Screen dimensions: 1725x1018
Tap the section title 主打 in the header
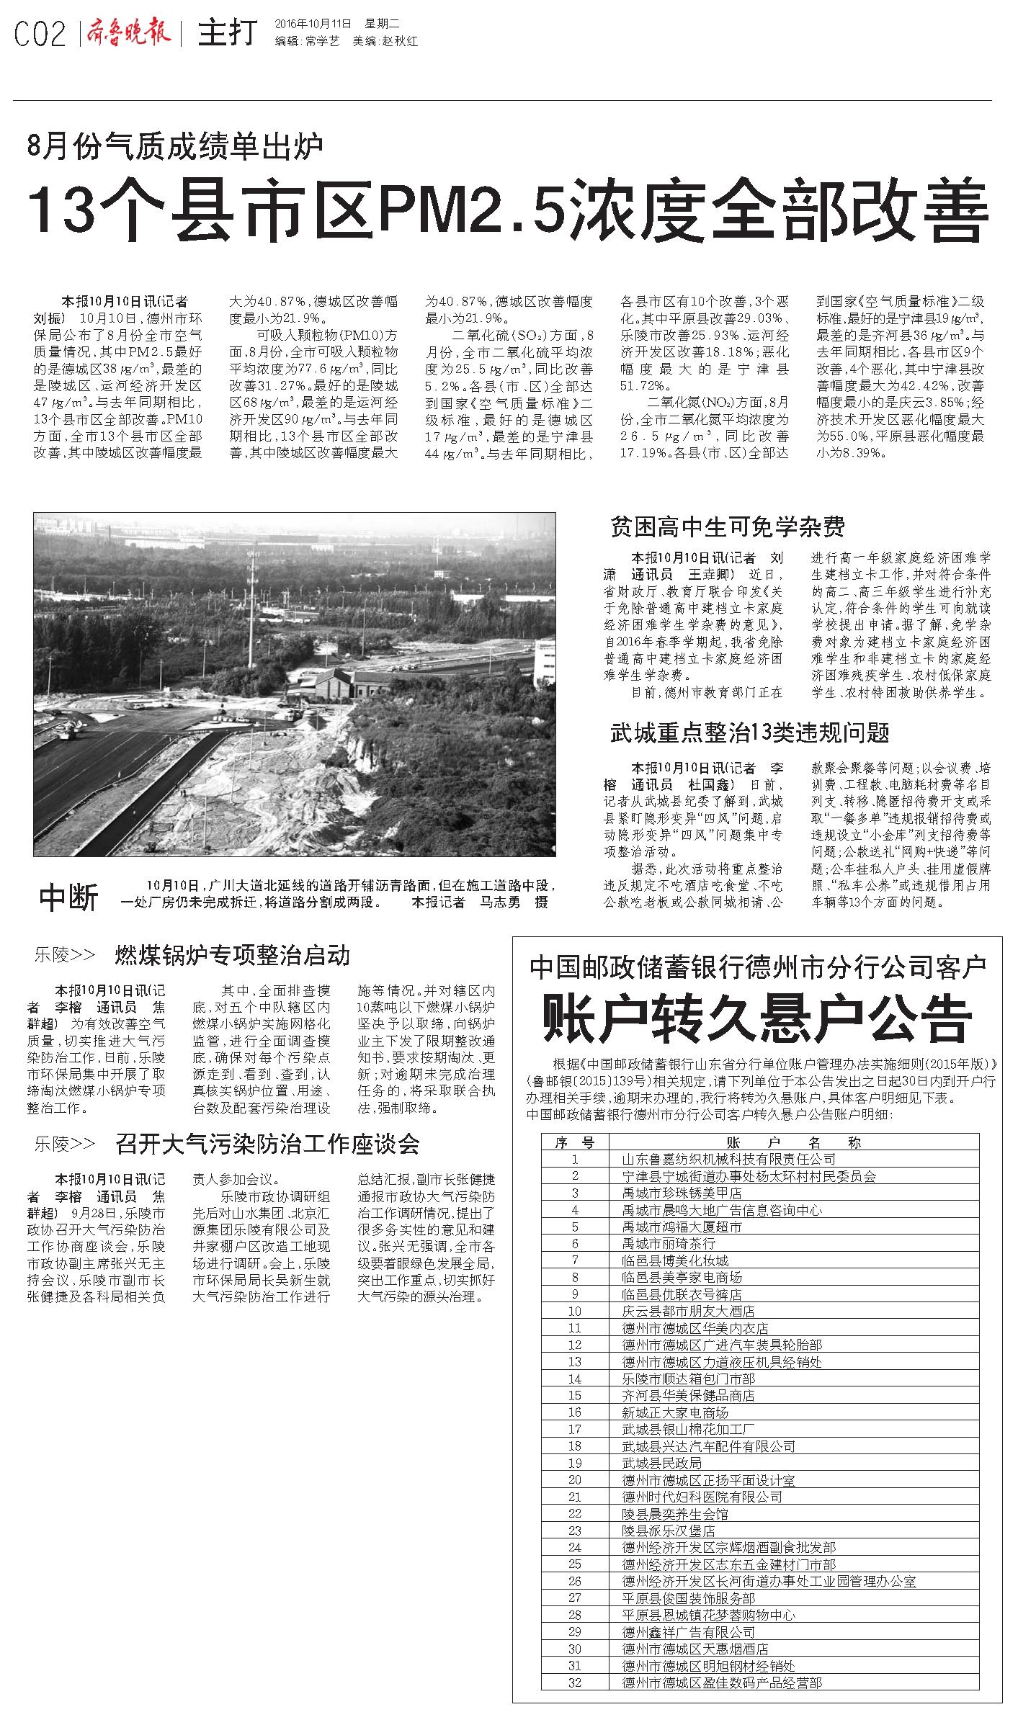point(227,33)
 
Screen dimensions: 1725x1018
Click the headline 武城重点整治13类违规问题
point(749,732)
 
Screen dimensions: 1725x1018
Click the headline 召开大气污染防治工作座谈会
point(267,1144)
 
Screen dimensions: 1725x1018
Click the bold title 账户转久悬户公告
point(756,1018)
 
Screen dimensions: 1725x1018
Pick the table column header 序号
point(575,1142)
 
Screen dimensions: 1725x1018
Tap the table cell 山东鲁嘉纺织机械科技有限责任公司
point(728,1159)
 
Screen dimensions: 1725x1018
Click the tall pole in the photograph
point(251,598)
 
